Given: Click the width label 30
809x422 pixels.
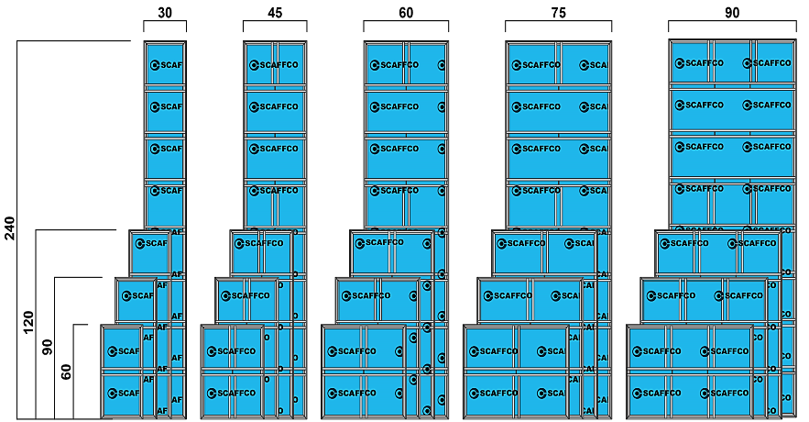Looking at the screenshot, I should tap(165, 12).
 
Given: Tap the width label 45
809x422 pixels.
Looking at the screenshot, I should tap(274, 12).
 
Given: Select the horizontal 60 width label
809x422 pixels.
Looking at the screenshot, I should tap(405, 12).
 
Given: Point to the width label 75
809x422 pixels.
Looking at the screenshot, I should tap(557, 12).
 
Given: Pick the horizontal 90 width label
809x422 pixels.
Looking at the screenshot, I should tap(731, 12).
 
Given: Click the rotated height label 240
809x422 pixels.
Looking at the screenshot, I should tap(10, 228).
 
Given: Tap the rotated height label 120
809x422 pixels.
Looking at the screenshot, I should tap(28, 322).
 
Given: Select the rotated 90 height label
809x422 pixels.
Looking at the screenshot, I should tap(48, 347).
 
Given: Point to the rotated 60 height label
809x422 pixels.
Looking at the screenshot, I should tap(66, 371).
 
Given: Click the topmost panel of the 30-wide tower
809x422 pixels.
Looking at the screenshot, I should tap(166, 64).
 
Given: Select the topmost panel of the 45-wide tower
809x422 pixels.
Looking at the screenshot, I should tap(275, 64).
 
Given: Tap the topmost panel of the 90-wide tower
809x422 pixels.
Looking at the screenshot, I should tap(731, 61).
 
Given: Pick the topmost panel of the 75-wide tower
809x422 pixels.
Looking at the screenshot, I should tap(558, 64).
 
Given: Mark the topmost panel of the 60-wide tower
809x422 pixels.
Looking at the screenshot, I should tap(406, 64).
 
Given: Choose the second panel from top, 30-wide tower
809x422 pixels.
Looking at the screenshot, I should tap(166, 108).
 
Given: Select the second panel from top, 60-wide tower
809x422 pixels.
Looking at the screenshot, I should tap(406, 108).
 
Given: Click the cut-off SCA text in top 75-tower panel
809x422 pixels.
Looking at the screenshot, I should tap(597, 65).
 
